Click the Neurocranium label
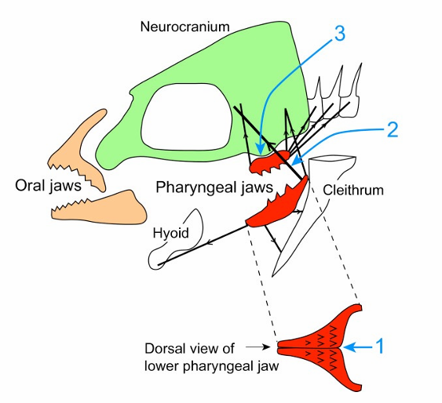tap(184, 27)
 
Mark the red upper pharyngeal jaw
tap(271, 162)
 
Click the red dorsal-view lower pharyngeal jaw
tap(322, 346)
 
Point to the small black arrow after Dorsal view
tap(256, 346)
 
